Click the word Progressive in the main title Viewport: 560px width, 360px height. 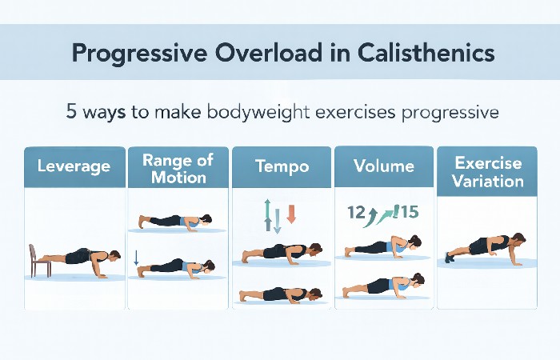126,54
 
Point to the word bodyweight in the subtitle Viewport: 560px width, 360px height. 250,112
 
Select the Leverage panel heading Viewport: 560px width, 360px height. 74,167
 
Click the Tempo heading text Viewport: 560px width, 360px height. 281,167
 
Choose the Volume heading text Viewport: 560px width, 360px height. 384,167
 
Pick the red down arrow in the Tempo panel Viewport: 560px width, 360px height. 291,214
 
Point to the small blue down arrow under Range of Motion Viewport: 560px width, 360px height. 137,258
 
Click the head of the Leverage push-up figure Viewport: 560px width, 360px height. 115,256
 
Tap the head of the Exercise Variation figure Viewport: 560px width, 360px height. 518,240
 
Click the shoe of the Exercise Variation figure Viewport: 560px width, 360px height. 450,258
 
